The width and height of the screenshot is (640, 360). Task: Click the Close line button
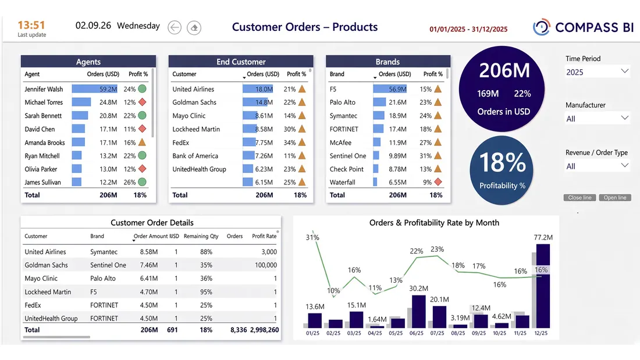(x=579, y=198)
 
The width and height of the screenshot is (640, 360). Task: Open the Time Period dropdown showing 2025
(x=597, y=72)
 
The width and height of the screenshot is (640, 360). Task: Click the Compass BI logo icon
(x=542, y=27)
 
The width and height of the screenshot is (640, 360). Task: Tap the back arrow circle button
(x=175, y=27)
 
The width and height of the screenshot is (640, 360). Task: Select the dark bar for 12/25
(x=543, y=286)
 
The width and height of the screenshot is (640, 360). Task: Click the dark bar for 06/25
(x=419, y=311)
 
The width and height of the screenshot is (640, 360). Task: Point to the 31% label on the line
(x=312, y=237)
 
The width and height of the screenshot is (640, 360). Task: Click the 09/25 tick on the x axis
(x=479, y=333)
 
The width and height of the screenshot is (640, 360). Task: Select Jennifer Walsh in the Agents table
(x=44, y=89)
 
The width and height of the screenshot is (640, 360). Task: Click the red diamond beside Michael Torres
(x=142, y=102)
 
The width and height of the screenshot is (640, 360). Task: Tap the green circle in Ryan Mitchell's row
(x=142, y=155)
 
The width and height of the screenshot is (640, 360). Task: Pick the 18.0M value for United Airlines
(x=264, y=89)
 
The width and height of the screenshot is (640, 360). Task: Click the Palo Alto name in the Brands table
(x=343, y=102)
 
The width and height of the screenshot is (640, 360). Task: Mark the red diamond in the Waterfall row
(x=438, y=182)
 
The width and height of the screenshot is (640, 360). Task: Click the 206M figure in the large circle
(x=504, y=70)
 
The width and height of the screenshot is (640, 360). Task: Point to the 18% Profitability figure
(x=503, y=162)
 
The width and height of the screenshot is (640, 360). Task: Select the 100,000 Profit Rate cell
(x=266, y=265)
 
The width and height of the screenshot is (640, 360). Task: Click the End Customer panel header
(x=241, y=62)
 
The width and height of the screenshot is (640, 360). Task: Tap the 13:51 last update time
(x=31, y=26)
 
